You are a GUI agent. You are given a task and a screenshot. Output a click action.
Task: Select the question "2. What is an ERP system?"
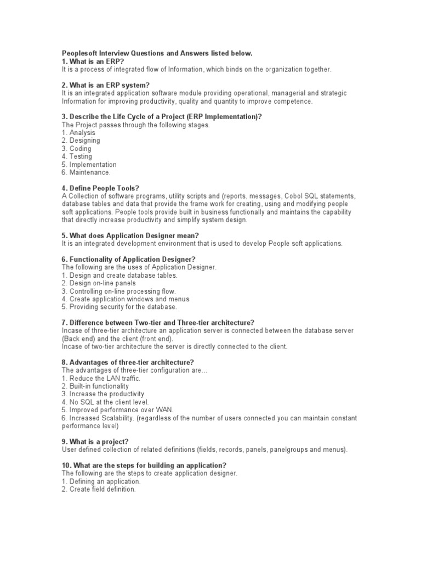pos(105,85)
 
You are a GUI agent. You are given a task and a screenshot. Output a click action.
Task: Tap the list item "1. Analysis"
pos(78,132)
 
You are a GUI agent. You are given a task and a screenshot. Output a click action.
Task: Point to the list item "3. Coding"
pos(76,148)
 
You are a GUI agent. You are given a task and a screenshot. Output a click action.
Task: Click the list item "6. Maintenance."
pos(86,172)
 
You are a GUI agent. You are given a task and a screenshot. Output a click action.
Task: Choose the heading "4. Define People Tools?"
pos(100,188)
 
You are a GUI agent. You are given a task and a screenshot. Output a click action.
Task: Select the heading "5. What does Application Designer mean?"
pos(138,235)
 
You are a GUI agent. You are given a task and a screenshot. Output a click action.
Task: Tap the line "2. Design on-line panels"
pos(99,283)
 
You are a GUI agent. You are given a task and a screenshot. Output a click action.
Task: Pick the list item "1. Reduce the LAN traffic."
pos(101,378)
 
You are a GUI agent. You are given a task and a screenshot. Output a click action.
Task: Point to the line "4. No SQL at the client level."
pos(105,402)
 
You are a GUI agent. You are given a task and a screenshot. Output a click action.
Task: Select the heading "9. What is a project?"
pos(95,442)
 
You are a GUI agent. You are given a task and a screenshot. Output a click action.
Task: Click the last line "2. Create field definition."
pos(98,489)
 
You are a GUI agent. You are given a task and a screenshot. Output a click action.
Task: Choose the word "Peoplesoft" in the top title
pos(79,53)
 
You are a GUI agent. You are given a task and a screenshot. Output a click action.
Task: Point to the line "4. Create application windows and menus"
pos(126,299)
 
